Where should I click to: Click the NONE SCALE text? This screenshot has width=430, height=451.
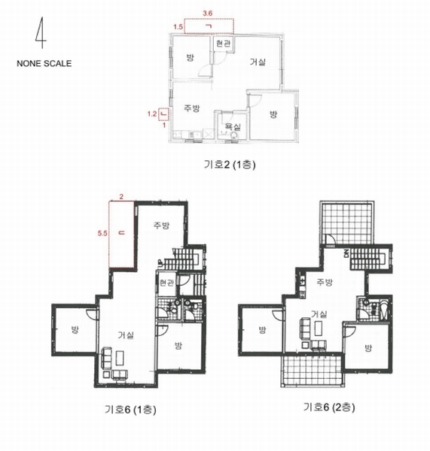[x=44, y=64]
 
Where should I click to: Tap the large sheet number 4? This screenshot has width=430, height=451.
[x=41, y=33]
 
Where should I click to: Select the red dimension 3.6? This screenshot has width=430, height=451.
[x=208, y=14]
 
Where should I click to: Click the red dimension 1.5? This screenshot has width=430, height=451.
[x=178, y=27]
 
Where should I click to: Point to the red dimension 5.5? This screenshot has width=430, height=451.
[x=102, y=233]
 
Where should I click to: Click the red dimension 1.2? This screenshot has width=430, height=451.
[x=152, y=114]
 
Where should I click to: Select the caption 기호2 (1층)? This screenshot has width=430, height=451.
[x=230, y=165]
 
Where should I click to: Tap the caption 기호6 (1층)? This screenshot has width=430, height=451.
[x=130, y=409]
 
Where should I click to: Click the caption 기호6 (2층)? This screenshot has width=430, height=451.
[x=329, y=407]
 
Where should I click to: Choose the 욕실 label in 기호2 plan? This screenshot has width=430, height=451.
[x=233, y=126]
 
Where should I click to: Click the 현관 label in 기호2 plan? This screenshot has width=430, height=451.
[x=223, y=44]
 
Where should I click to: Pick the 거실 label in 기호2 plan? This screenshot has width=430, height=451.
[x=258, y=62]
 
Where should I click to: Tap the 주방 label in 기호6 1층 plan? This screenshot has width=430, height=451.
[x=161, y=225]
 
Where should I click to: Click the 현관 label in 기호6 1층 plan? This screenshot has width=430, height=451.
[x=166, y=283]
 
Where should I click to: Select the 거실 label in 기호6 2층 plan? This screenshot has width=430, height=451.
[x=319, y=314]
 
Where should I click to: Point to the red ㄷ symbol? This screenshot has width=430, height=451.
[x=122, y=232]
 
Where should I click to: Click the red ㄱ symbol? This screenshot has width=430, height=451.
[x=208, y=26]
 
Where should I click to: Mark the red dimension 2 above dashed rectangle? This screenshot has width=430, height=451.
[x=121, y=197]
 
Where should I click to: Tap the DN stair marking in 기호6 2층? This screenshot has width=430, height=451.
[x=346, y=253]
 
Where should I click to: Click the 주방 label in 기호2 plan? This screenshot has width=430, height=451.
[x=192, y=108]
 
